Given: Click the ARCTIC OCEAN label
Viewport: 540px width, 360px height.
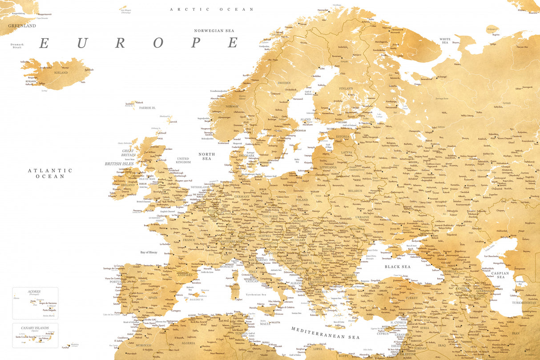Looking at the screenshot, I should point(212,9).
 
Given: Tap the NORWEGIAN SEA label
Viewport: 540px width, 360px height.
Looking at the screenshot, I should point(214,31).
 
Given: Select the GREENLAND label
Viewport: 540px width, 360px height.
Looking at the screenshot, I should point(22,26).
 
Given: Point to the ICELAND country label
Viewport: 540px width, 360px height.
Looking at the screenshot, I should point(61,73).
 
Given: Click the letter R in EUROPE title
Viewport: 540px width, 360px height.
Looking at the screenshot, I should point(121,43).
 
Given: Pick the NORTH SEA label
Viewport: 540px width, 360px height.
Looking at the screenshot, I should point(207,156).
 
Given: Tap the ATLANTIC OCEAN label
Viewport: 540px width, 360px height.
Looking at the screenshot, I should point(50,173).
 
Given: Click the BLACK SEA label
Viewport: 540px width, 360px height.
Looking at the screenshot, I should point(398,267).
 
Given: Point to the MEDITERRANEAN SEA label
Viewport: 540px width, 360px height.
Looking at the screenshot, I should point(325,333).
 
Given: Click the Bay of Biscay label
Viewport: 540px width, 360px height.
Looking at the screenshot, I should point(149,252).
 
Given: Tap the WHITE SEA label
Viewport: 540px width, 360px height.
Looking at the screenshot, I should point(445,41).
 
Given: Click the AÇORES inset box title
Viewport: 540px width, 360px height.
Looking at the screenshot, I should point(34,291).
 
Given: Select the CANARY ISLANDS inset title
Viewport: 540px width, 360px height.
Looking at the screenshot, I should point(35,328).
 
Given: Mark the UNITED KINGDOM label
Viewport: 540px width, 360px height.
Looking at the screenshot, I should point(183,160).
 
